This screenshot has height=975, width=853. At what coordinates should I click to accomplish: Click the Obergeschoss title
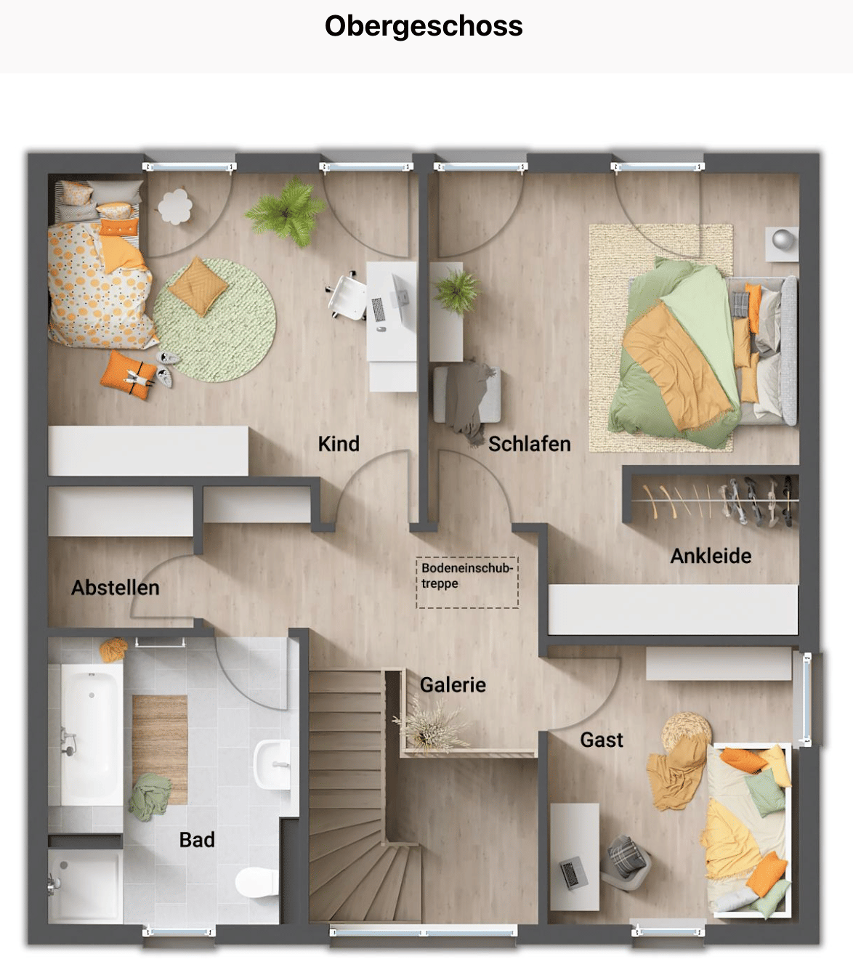pos(424,25)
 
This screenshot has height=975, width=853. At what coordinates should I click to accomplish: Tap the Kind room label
pos(339,444)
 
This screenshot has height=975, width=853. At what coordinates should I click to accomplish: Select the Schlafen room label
pos(530,444)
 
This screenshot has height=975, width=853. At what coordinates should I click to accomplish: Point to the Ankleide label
pos(711,556)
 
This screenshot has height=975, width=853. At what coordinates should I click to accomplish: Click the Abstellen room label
pos(116,588)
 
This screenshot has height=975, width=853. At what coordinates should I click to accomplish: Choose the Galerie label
pos(453,685)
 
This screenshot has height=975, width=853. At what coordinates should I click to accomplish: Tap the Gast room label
pos(602,740)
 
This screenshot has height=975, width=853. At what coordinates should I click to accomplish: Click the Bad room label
pos(197,840)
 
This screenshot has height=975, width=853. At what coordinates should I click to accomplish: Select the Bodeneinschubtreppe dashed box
pos(467,583)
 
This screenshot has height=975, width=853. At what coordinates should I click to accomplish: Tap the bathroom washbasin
pos(272,764)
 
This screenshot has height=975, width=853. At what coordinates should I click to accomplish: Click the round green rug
pos(214,320)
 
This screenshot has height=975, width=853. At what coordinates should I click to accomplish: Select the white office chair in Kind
pos(347,296)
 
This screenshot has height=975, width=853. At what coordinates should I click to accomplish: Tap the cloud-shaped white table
pos(175,206)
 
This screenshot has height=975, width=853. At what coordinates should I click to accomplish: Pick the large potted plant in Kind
pos(286,212)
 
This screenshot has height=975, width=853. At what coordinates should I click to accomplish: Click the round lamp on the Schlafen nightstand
pos(783,239)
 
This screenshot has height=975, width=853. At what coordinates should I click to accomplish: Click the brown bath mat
pos(160,749)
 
